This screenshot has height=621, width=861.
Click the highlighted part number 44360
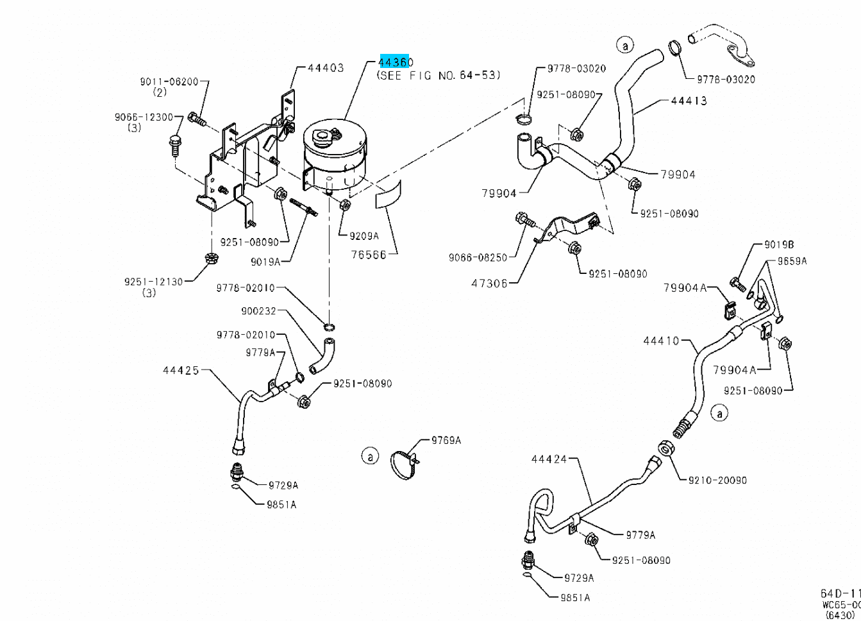396,62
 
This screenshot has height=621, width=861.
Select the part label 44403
325,67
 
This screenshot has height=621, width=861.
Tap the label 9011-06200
169,81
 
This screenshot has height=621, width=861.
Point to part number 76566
369,255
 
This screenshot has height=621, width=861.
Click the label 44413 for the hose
689,101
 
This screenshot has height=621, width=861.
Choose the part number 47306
490,283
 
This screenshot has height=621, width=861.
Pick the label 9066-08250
478,257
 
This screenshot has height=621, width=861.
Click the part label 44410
661,341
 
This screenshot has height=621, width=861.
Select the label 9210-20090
717,480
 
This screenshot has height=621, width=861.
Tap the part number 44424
549,459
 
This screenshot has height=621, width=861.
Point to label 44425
181,370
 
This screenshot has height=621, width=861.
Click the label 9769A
446,440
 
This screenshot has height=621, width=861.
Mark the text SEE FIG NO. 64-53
438,75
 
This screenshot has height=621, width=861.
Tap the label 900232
258,311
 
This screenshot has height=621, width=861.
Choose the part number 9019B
778,244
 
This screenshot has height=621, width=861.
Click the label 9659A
792,261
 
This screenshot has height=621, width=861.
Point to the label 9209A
364,235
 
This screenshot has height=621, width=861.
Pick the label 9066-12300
144,117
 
